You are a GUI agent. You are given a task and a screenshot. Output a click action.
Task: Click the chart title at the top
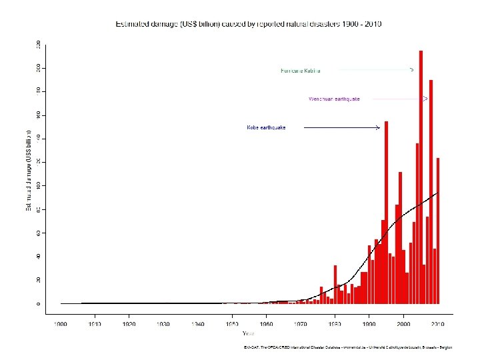pyautogui.click(x=249, y=24)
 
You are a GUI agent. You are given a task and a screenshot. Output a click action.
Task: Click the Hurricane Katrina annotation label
pyautogui.click(x=301, y=70)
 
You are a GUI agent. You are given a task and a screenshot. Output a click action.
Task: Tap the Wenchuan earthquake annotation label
pyautogui.click(x=334, y=99)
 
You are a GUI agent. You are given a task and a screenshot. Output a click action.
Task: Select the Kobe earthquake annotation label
pyautogui.click(x=266, y=127)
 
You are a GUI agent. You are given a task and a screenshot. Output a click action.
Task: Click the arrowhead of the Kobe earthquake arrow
pyautogui.click(x=378, y=127)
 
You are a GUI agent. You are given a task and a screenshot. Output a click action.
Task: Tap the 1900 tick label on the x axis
pyautogui.click(x=61, y=324)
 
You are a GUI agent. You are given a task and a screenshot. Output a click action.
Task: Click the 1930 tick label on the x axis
pyautogui.click(x=163, y=324)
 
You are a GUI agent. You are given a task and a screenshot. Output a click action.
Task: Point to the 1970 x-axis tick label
pyautogui.click(x=301, y=324)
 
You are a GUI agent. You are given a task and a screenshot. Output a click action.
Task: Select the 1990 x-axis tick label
pyautogui.click(x=369, y=324)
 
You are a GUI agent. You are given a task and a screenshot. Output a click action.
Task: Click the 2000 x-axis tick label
pyautogui.click(x=403, y=324)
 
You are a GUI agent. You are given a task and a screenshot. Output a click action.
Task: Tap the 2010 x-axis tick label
pyautogui.click(x=437, y=324)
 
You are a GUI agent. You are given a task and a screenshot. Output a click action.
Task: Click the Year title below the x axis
pyautogui.click(x=248, y=333)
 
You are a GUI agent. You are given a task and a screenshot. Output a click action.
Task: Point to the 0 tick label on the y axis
pyautogui.click(x=39, y=303)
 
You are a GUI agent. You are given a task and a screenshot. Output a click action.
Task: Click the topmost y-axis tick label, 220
pyautogui.click(x=39, y=44)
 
